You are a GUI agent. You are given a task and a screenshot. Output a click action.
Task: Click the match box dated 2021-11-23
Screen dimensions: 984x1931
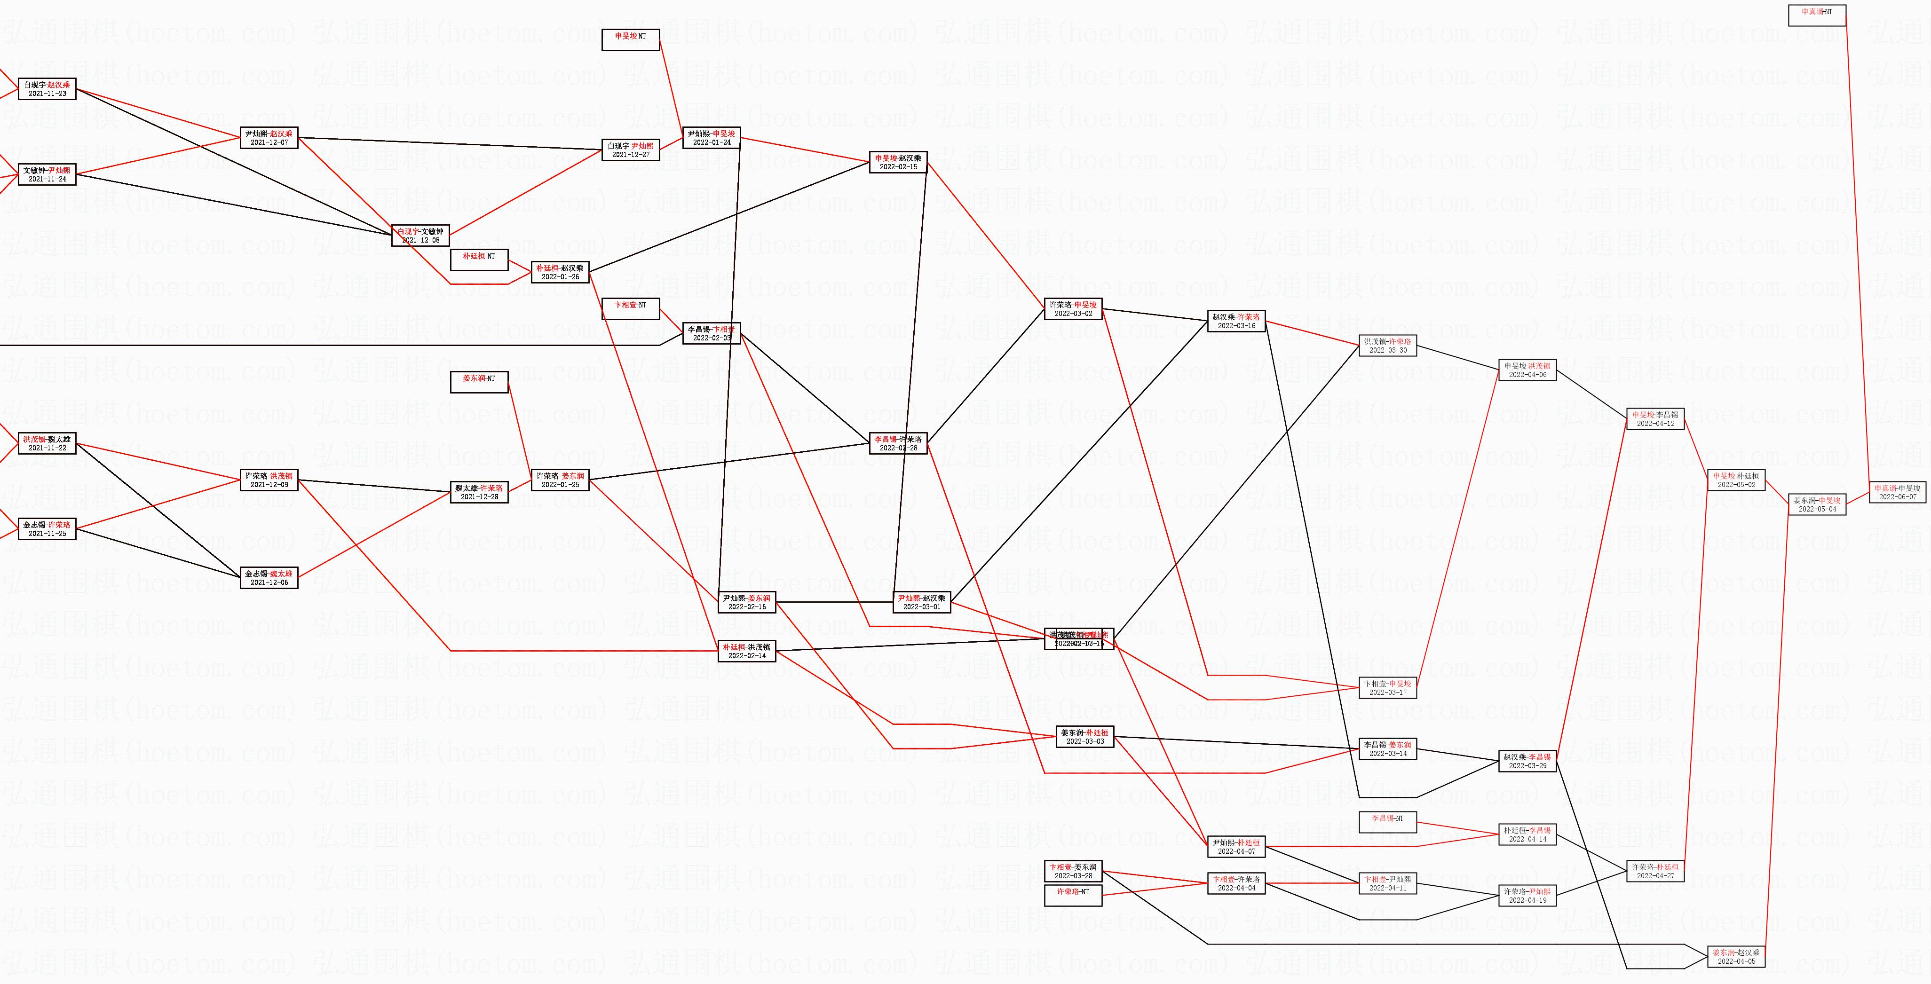[x=47, y=89]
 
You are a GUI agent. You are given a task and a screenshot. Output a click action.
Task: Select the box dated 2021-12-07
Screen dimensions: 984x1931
[x=269, y=138]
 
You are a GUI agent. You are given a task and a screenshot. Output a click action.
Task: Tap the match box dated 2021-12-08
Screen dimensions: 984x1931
[x=420, y=236]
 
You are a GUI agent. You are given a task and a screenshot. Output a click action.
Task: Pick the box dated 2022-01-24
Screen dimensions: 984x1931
[x=712, y=138]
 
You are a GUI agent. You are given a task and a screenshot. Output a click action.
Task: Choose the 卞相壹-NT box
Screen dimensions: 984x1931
[x=631, y=309]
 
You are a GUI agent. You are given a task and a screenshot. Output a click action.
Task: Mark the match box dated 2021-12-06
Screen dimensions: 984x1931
[x=269, y=578]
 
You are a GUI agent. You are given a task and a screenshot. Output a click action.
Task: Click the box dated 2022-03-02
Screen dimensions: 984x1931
[x=1074, y=309]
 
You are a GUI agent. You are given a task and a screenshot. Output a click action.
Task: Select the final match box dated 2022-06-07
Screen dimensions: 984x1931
[x=1897, y=492]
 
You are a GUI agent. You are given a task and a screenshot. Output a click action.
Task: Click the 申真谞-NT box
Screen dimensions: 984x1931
[x=1817, y=15]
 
